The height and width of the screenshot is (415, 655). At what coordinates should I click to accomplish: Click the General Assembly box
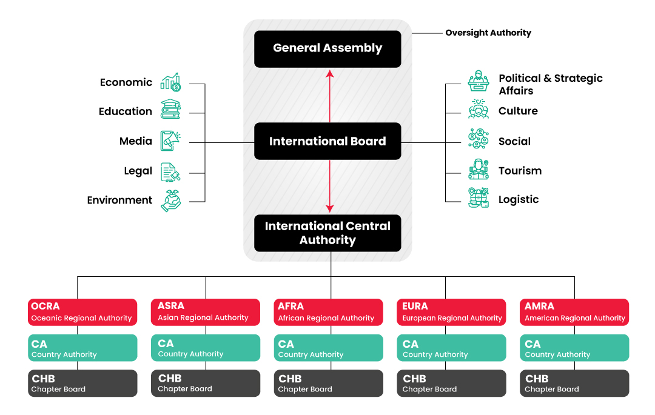[x=327, y=48]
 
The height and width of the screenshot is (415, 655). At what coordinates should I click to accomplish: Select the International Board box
[x=327, y=141]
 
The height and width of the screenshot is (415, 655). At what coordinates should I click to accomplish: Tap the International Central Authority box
[x=327, y=233]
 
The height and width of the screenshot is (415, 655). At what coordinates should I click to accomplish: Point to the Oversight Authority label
[x=488, y=33]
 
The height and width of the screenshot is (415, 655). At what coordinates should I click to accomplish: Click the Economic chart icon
[x=170, y=82]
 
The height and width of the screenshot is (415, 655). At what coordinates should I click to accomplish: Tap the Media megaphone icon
[x=170, y=141]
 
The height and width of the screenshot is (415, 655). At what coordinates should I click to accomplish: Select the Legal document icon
[x=170, y=172]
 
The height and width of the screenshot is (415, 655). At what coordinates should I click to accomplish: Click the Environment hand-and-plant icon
[x=170, y=201]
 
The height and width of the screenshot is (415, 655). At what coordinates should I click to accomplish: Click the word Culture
[x=518, y=111]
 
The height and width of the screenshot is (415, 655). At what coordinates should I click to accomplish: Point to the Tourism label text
[x=520, y=171]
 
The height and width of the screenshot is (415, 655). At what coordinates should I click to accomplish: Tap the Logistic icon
[x=479, y=198]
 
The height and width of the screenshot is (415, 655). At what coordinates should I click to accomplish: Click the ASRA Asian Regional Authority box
[x=206, y=311]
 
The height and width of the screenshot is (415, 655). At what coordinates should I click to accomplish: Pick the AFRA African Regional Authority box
[x=328, y=312]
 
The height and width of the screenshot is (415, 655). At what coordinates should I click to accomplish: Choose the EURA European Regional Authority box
[x=451, y=312]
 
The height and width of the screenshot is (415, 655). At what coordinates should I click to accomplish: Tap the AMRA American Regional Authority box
[x=574, y=312]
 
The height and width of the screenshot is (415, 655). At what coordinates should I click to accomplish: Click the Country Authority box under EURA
[x=451, y=348]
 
